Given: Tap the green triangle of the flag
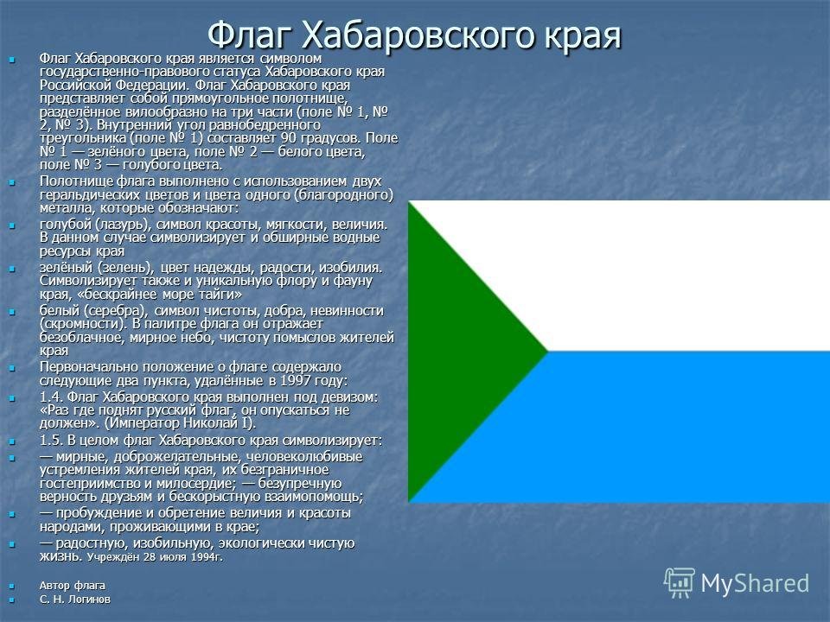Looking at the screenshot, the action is coord(456,352).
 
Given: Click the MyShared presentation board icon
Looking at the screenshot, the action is coord(680,583).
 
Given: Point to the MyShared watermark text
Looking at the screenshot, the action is coord(755,584).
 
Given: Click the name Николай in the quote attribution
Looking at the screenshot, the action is coord(217,423).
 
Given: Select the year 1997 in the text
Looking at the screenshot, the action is coord(296,381).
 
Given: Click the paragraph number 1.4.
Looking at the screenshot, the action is coord(51,397).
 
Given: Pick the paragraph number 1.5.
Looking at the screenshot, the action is coord(51,441).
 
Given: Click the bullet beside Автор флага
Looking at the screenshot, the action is coord(11,586).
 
